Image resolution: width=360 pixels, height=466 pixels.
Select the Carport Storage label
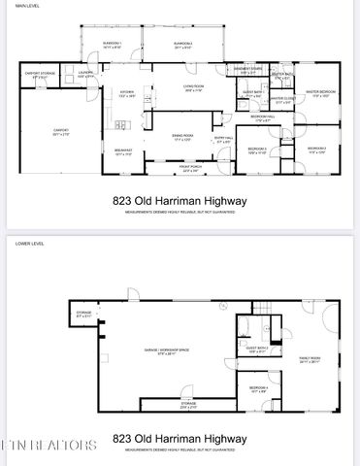39,75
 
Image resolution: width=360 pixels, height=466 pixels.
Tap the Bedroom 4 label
256,390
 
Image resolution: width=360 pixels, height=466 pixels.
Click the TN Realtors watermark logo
49,445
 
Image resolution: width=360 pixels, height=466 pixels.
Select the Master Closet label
283,99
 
